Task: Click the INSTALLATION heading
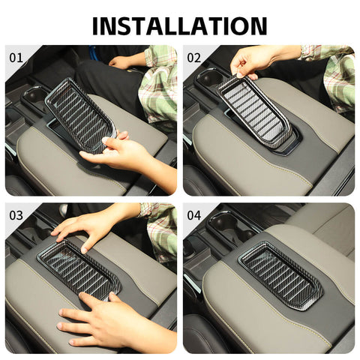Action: coord(180,25)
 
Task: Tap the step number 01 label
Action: coord(16,57)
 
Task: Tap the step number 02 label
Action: coord(194,57)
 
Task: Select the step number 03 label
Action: coord(16,215)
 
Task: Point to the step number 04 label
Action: coord(194,215)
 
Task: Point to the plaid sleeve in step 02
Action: coord(334,75)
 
